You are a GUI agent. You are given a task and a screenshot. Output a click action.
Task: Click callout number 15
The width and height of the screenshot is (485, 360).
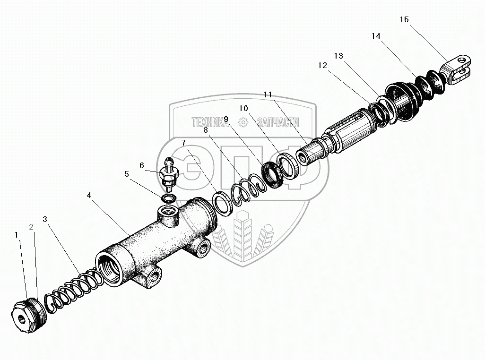coord(404,19)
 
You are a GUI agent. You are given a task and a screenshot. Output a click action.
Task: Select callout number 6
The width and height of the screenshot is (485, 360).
coord(141,165)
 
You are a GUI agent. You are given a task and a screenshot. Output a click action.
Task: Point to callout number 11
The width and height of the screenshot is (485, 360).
coord(268,95)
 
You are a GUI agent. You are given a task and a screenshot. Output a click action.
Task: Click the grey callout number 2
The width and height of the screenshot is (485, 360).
coord(31,227)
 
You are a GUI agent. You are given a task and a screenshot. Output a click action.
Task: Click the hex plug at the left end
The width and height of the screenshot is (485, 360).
coord(23,318)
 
